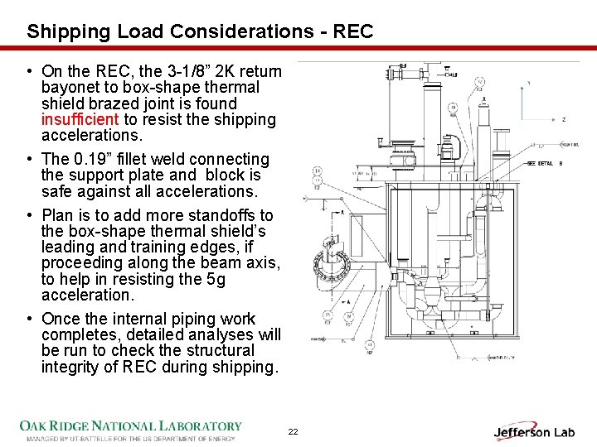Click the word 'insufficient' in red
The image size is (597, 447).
tap(79, 119)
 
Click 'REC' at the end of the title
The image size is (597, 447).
tap(353, 32)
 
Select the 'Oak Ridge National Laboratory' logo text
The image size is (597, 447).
tap(131, 425)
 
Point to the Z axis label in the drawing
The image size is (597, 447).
tap(563, 119)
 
